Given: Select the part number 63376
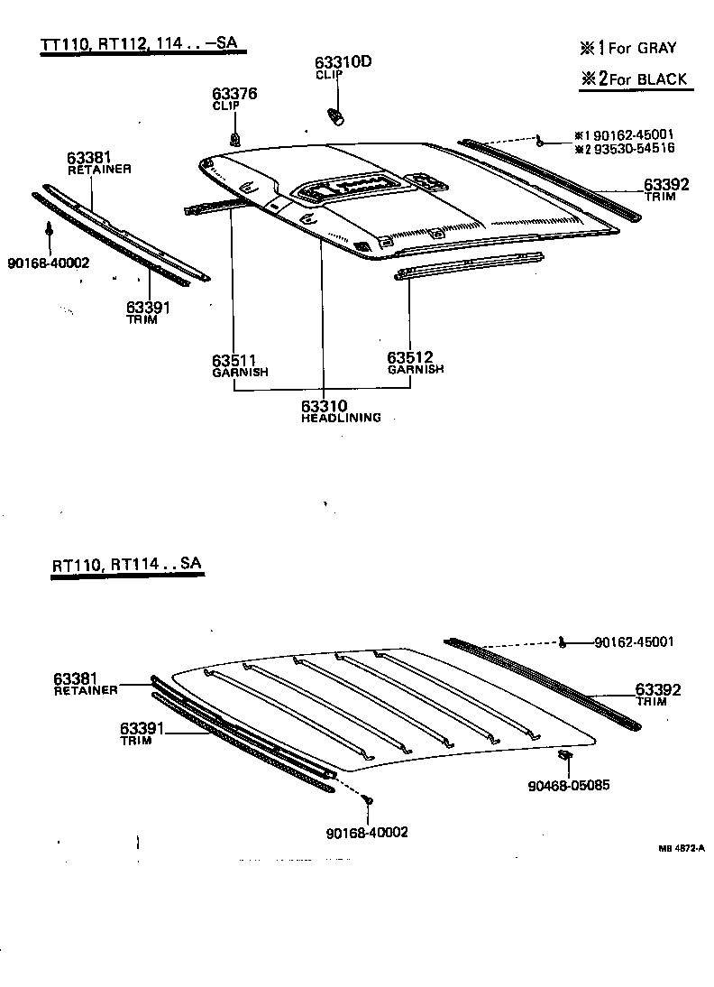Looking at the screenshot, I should (229, 93).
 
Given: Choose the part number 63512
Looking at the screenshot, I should (410, 358).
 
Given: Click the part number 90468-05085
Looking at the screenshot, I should (569, 785).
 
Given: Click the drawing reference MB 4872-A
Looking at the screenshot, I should (681, 848).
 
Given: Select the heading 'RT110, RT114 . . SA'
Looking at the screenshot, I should (126, 565).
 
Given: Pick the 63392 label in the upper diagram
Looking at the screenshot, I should (666, 185).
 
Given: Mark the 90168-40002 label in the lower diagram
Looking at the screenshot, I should (366, 832).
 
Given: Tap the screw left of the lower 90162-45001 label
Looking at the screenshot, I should (562, 642).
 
